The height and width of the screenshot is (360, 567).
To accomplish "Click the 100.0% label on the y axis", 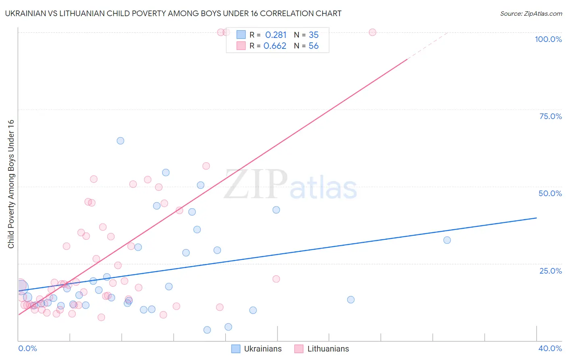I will [548, 39].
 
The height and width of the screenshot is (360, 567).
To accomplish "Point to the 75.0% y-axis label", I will [550, 116].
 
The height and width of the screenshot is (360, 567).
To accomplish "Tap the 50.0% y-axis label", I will [550, 193].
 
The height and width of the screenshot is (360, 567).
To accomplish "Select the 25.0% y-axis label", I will [550, 270].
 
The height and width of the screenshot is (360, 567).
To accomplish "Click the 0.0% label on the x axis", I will [27, 348].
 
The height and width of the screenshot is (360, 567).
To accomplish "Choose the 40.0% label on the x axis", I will [550, 348].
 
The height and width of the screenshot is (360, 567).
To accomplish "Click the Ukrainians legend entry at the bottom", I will [256, 349].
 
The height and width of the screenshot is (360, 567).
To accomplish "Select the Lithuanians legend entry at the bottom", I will [322, 349].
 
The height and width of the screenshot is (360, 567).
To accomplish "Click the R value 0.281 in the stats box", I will [276, 35].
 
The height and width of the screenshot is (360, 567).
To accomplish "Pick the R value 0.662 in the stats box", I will [275, 46].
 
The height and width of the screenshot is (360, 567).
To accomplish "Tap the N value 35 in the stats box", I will [314, 35].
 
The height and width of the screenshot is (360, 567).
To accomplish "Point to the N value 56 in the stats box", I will [314, 46].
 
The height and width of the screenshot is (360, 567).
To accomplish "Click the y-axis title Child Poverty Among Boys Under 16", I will [11, 184].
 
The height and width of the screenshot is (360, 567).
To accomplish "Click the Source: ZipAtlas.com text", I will [531, 14].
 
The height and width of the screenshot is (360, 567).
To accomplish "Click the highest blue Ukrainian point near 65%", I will [120, 141].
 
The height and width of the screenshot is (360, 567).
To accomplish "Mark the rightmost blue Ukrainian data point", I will [447, 240].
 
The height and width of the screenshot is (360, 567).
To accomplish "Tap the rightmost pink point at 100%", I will [372, 32].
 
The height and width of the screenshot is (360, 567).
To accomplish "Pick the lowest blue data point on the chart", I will [207, 330].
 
